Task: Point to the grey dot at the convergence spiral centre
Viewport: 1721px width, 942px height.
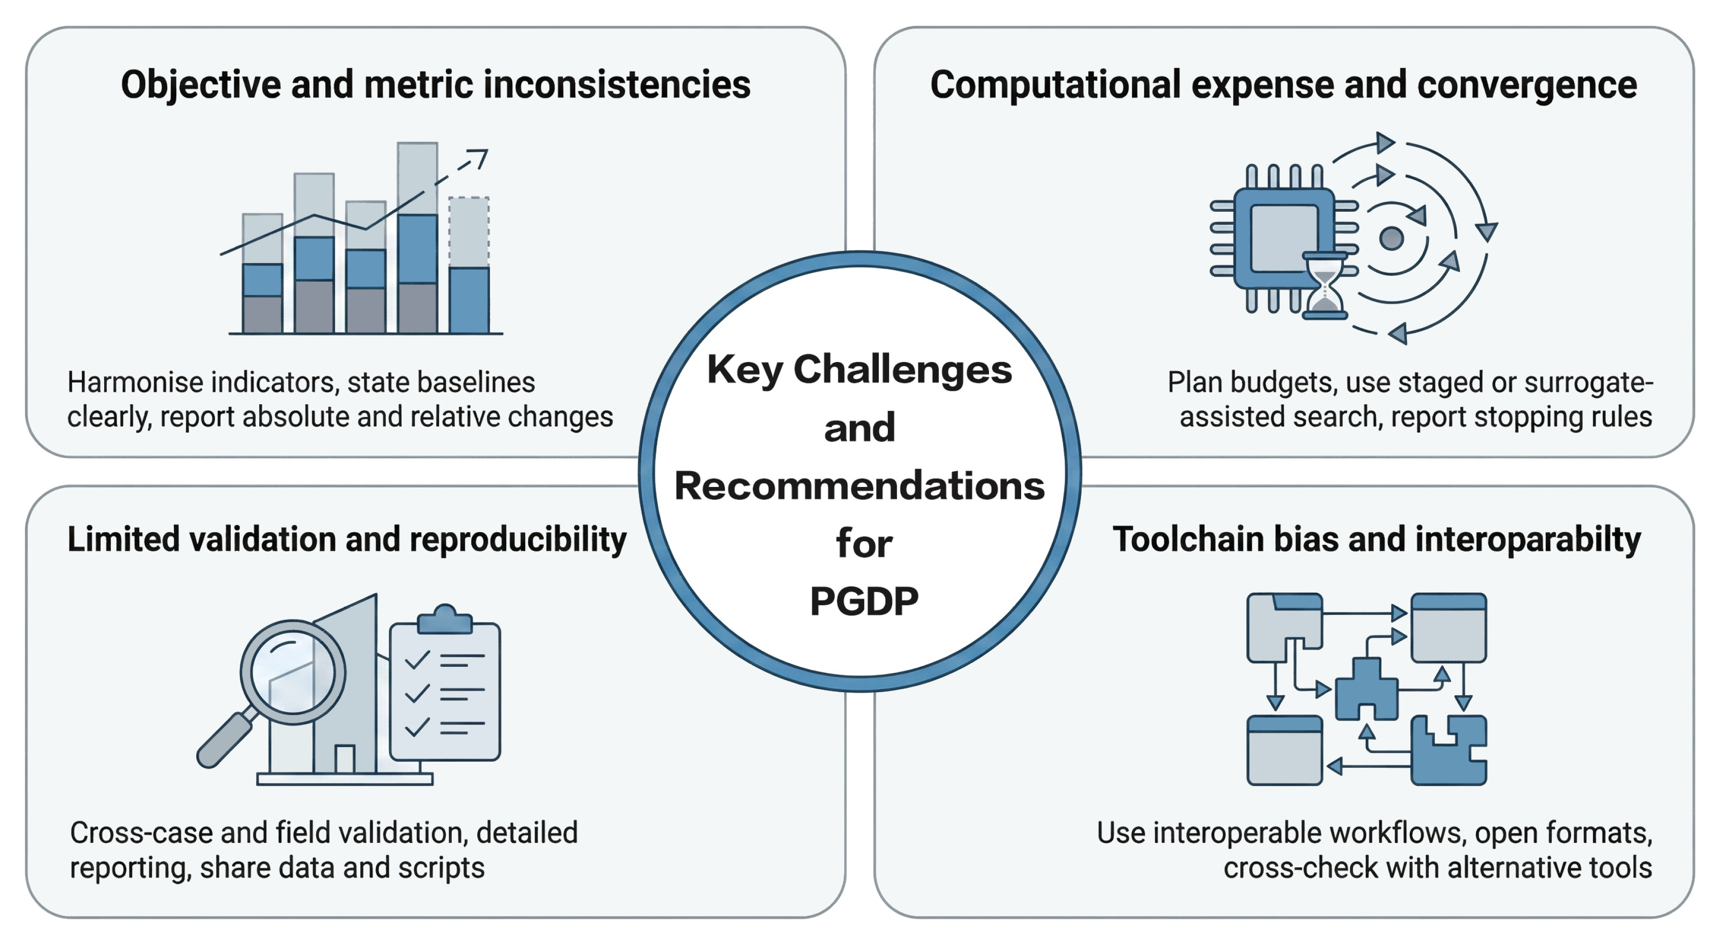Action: click(x=1391, y=238)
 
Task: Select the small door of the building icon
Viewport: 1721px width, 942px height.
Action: click(x=345, y=759)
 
